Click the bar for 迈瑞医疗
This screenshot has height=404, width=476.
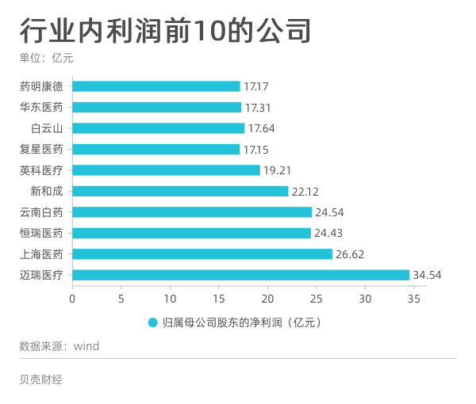coord(241,275)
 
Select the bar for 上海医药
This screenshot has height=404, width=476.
coord(202,254)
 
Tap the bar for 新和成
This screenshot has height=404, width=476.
coord(180,191)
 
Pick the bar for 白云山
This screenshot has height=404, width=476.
coord(159,128)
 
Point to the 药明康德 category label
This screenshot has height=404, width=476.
coord(46,86)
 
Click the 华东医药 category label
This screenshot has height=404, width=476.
coord(46,107)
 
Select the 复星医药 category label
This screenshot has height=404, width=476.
coord(46,149)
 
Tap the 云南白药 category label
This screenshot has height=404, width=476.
coord(46,212)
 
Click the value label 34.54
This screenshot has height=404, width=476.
coord(427,276)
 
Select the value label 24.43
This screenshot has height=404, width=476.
coord(328,234)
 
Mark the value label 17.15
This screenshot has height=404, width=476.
coord(256,149)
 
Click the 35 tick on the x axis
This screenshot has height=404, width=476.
coord(413,299)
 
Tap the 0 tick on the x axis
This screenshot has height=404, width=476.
coord(72,299)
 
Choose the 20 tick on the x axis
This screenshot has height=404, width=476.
coord(267,299)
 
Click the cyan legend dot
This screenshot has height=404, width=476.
coord(153,322)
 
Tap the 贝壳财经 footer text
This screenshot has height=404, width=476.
coord(40,379)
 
